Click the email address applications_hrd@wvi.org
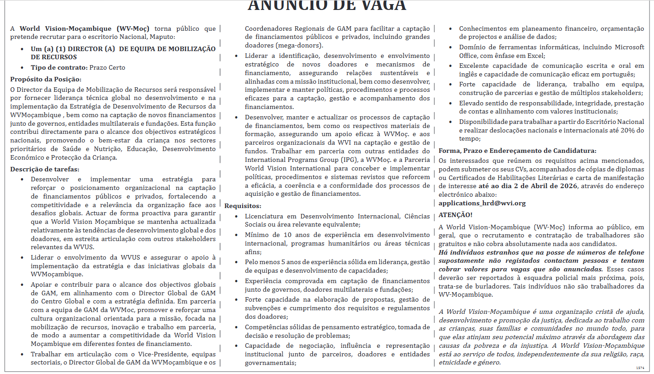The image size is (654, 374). point(482,203)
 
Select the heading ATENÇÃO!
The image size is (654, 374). point(455,215)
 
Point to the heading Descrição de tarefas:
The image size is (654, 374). point(45,169)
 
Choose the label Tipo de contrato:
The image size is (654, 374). point(59,67)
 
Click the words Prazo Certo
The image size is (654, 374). point(107,67)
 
